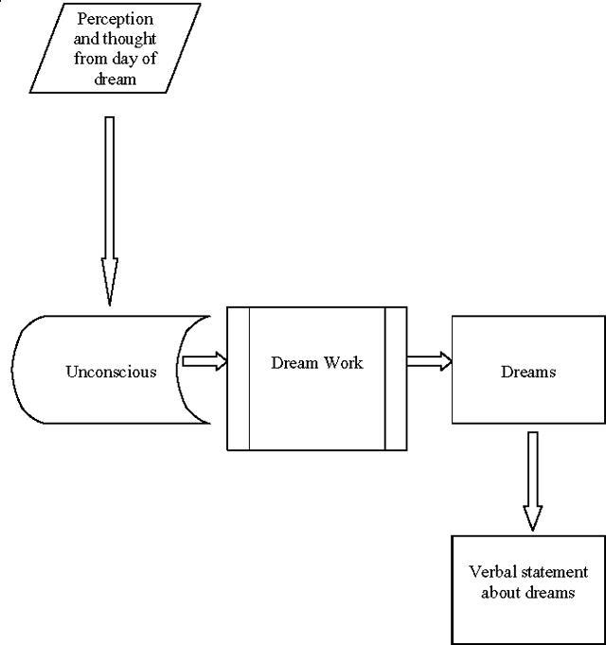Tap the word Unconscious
(x=111, y=371)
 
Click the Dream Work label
(x=316, y=362)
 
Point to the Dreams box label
(x=528, y=372)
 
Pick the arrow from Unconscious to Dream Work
(x=204, y=360)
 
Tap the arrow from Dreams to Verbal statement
(x=533, y=478)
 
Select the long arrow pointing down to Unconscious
(x=109, y=208)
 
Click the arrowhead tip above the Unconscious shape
(x=109, y=302)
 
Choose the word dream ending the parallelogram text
(x=115, y=80)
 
